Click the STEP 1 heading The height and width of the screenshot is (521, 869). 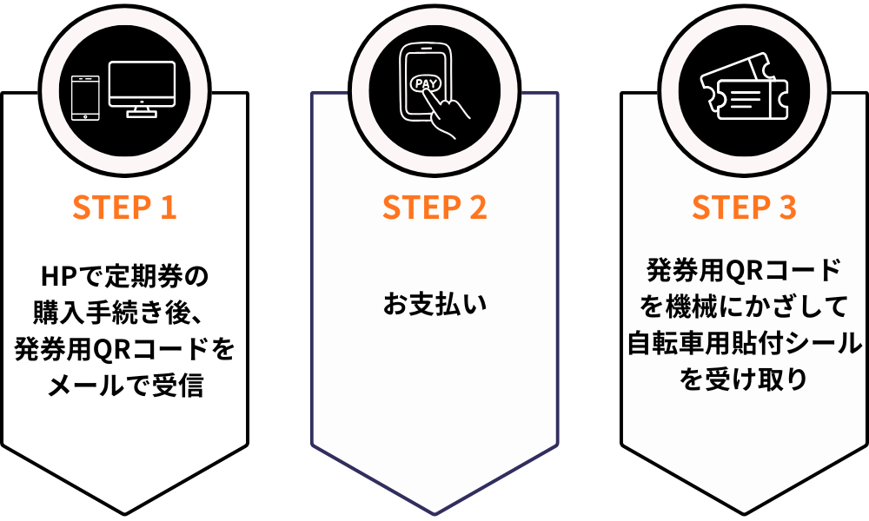pyautogui.click(x=124, y=208)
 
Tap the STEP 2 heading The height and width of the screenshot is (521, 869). pyautogui.click(x=434, y=208)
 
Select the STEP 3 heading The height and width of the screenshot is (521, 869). pyautogui.click(x=744, y=208)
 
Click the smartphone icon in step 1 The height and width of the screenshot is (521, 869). pyautogui.click(x=84, y=98)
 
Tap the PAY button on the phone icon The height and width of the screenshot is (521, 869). pyautogui.click(x=426, y=84)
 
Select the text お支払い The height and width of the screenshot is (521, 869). pyautogui.click(x=434, y=305)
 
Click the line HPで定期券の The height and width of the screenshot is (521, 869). pyautogui.click(x=124, y=277)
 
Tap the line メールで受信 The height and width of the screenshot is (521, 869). pyautogui.click(x=124, y=384)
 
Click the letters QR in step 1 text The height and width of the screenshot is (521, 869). pyautogui.click(x=110, y=348)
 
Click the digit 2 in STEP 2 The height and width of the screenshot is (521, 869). pyautogui.click(x=477, y=208)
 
